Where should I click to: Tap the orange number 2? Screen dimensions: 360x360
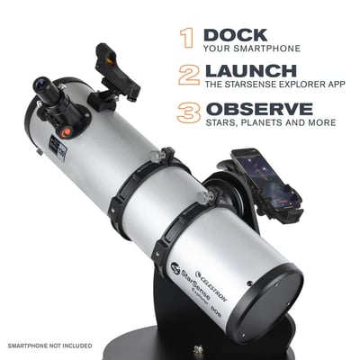pos(188,75)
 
